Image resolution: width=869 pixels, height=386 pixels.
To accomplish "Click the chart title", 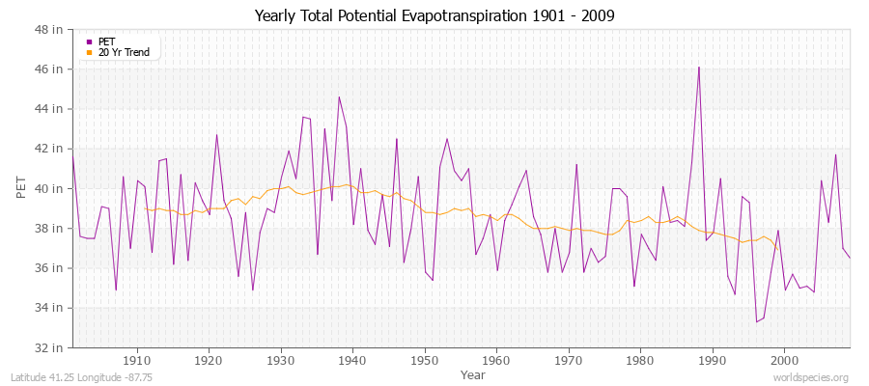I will pyautogui.click(x=434, y=15).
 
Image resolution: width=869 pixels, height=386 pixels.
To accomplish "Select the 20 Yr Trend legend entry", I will pyautogui.click(x=124, y=52).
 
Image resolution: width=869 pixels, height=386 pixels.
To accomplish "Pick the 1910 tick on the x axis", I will pyautogui.click(x=137, y=359).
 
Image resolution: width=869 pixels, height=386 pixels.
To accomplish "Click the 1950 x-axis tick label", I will pyautogui.click(x=424, y=359).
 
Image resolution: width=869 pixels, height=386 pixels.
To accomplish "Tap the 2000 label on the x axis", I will pyautogui.click(x=784, y=359).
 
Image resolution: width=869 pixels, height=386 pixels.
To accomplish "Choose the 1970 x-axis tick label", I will pyautogui.click(x=568, y=359).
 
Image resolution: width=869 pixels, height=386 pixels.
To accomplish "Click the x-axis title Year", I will pyautogui.click(x=473, y=373).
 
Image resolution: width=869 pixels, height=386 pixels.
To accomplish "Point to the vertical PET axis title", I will pyautogui.click(x=21, y=188).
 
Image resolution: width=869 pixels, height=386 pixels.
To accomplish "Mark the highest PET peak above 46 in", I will pyautogui.click(x=699, y=68).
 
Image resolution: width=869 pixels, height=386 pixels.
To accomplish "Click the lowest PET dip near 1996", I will pyautogui.click(x=756, y=321).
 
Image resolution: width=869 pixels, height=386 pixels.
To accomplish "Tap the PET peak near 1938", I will pyautogui.click(x=339, y=96).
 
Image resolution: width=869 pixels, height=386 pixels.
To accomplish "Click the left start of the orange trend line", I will pyautogui.click(x=145, y=208).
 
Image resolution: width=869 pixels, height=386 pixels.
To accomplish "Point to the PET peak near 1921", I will pyautogui.click(x=216, y=134).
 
